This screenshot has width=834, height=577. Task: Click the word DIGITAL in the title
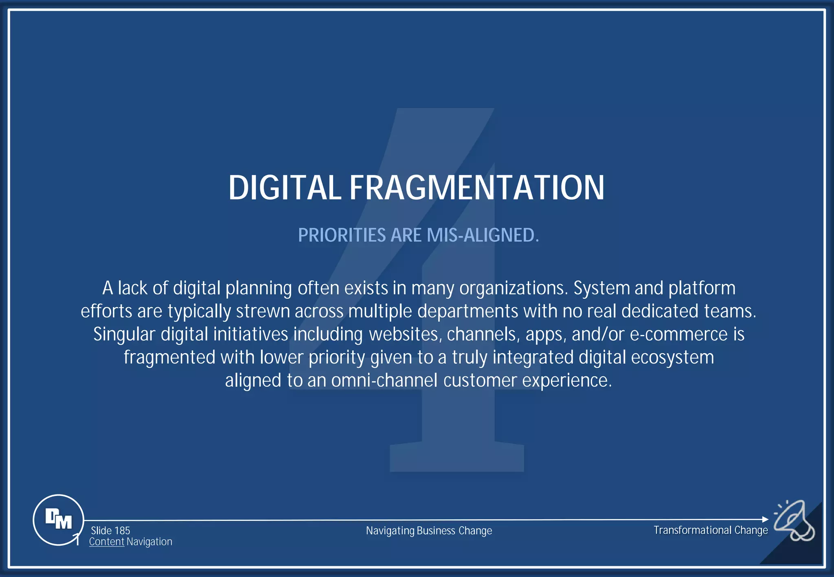point(284,188)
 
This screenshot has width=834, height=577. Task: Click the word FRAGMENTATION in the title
point(477,188)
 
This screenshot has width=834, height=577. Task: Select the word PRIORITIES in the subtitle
point(342,235)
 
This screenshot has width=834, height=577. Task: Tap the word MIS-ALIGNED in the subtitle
point(483,235)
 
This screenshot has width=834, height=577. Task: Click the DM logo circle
point(58,520)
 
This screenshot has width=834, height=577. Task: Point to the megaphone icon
point(794,520)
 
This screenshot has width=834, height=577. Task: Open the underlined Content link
point(106,542)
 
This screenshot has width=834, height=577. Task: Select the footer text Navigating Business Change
point(429,531)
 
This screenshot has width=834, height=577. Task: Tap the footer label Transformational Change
point(711,530)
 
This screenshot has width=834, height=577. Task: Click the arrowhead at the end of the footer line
point(765,519)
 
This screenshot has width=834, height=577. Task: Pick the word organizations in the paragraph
point(513,288)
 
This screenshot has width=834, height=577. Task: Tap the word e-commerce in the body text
point(678,334)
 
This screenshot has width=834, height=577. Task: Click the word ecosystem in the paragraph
point(672,358)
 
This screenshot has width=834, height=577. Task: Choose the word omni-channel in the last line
point(384,380)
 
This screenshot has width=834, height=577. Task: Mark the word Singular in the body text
point(124,334)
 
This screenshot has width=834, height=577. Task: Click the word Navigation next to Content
point(149,542)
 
